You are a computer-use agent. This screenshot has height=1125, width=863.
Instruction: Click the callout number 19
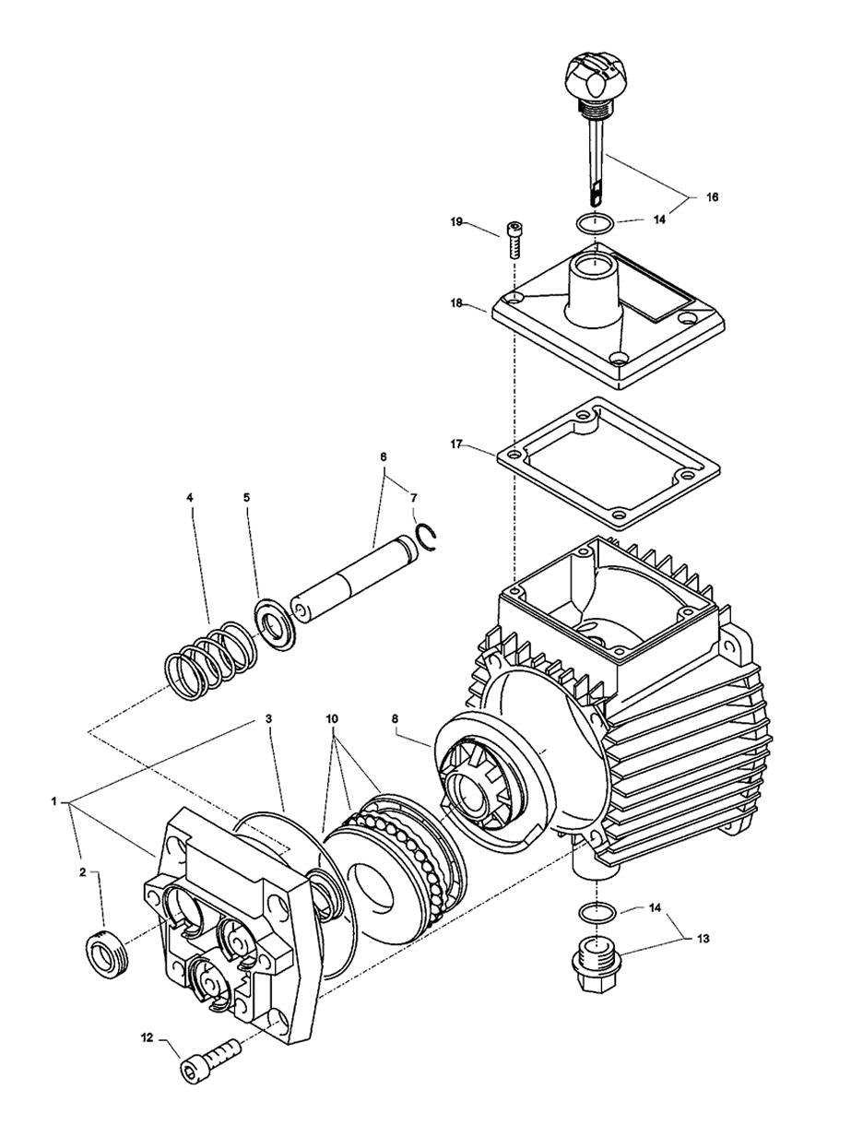(x=456, y=222)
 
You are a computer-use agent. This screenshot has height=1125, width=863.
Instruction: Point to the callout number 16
(x=712, y=196)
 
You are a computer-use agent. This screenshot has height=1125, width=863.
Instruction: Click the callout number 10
(x=331, y=716)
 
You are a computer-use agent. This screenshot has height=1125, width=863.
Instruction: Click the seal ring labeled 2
(x=106, y=949)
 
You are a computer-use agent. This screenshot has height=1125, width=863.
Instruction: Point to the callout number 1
(x=56, y=801)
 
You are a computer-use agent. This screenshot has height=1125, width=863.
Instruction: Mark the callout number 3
(x=267, y=716)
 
